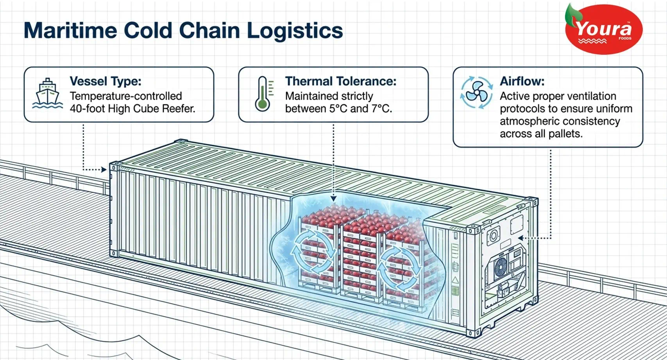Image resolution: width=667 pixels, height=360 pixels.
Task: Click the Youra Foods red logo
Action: (x=604, y=29)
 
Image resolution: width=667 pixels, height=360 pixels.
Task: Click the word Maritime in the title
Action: (x=70, y=30)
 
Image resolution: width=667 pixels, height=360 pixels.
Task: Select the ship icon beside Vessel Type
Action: (x=47, y=94)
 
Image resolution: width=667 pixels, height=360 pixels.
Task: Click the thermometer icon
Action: (x=264, y=94)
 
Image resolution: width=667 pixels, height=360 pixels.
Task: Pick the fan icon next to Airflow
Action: (x=476, y=93)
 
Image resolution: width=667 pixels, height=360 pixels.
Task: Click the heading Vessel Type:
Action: (x=106, y=81)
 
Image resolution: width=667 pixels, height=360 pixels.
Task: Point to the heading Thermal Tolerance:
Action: (x=341, y=81)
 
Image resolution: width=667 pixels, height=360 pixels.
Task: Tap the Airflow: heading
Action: (x=522, y=81)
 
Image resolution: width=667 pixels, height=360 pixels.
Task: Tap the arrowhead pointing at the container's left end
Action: (x=104, y=170)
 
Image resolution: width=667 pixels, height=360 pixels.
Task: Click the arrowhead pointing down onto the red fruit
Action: (x=334, y=199)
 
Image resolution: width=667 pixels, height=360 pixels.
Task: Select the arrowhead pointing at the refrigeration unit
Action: (x=521, y=238)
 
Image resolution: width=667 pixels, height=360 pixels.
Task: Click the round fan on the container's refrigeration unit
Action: (x=501, y=267)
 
